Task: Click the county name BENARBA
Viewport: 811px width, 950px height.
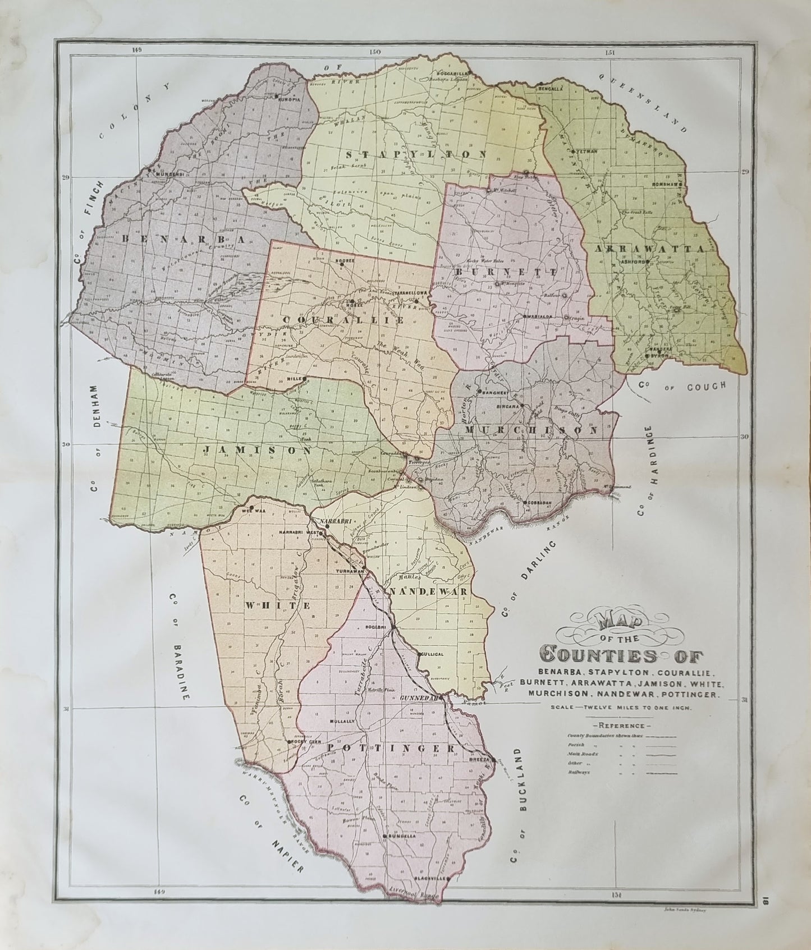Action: pyautogui.click(x=183, y=238)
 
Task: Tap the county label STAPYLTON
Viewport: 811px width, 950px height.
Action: pyautogui.click(x=415, y=154)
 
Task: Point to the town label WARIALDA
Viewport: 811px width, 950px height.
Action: pyautogui.click(x=539, y=316)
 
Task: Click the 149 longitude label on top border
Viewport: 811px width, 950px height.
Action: pyautogui.click(x=135, y=49)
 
